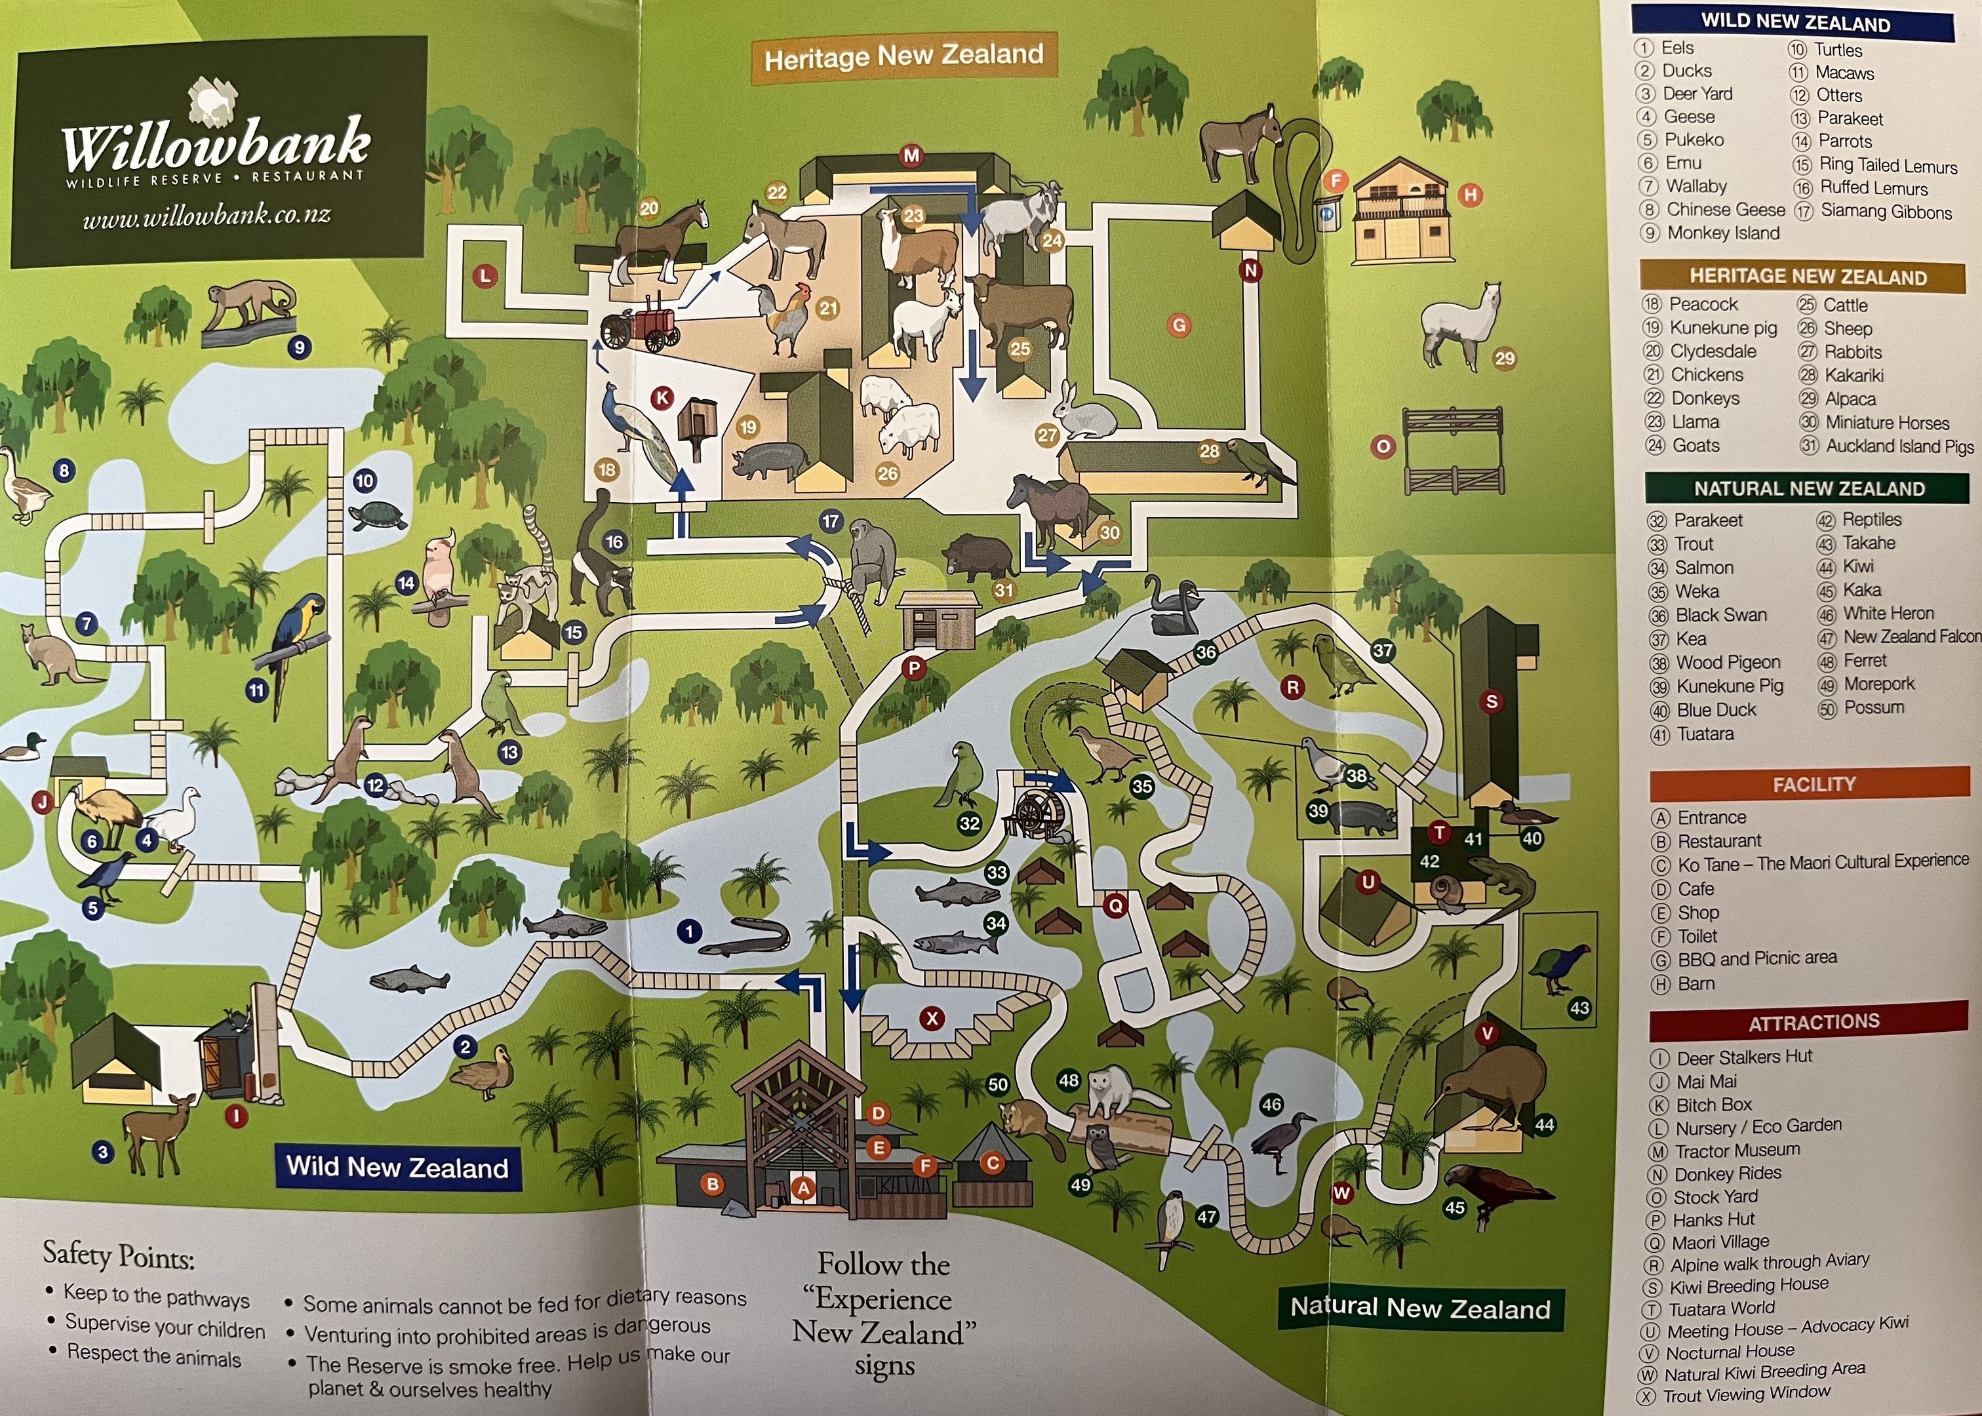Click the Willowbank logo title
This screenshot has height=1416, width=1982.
[x=216, y=144]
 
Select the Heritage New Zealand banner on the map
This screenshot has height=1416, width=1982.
[x=903, y=56]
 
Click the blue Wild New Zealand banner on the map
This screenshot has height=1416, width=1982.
[x=397, y=1168]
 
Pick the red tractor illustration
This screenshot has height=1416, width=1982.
[x=641, y=325]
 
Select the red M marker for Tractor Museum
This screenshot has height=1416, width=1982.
[x=911, y=156]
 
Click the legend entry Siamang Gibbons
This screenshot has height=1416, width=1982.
[x=1885, y=212]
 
